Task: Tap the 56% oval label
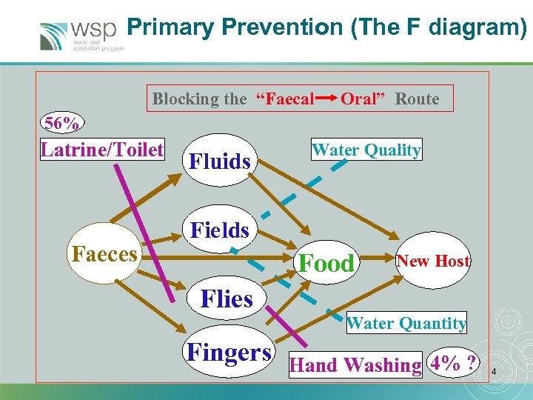[x=63, y=122]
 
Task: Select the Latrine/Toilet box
[x=102, y=150]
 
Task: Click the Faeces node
[x=104, y=255]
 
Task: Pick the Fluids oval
[x=220, y=160]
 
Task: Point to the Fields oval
[x=220, y=230]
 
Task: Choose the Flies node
[x=227, y=299]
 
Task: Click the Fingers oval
[x=229, y=352]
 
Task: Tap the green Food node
[x=326, y=263]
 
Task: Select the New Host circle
[x=433, y=261]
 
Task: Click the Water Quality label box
[x=366, y=150]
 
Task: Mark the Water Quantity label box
[x=406, y=323]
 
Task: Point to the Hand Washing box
[x=355, y=364]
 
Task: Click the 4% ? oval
[x=454, y=364]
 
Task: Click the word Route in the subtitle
[x=417, y=99]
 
